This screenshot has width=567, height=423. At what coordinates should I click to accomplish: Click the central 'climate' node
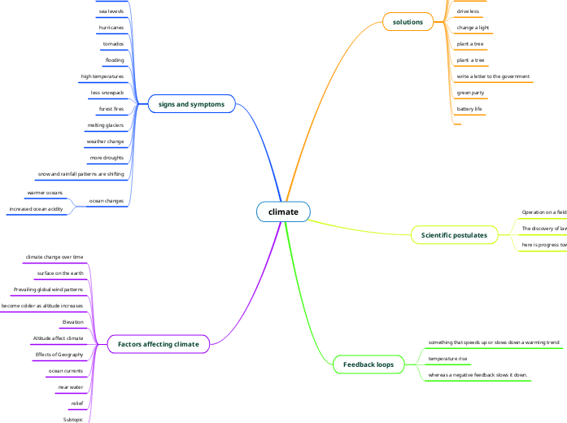284,212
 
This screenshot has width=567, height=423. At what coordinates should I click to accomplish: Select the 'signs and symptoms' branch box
191,104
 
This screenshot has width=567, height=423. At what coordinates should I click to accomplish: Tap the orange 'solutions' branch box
408,22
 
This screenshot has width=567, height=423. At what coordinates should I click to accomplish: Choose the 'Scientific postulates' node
454,235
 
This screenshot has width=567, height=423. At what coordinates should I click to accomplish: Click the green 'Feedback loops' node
368,364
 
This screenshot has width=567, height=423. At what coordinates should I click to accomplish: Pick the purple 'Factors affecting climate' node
158,344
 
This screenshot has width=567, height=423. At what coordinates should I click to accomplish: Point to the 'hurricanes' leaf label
111,28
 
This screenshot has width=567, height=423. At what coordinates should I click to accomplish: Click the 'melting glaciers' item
105,125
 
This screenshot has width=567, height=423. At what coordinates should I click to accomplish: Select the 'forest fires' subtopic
111,108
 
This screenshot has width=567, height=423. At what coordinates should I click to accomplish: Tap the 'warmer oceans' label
45,193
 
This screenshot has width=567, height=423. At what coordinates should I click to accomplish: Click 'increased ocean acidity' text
36,209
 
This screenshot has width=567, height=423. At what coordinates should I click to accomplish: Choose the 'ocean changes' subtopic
106,200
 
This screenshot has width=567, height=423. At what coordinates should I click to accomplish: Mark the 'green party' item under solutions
470,93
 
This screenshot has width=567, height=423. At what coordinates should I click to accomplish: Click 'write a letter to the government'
493,76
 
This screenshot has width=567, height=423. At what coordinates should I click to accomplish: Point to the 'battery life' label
469,109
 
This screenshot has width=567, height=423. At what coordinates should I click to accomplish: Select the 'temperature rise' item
447,358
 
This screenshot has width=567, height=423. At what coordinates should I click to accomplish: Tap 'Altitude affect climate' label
58,338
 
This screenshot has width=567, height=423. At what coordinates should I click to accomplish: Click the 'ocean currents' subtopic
66,371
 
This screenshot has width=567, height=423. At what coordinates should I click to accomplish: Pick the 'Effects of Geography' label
59,355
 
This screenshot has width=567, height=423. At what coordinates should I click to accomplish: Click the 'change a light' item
473,28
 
